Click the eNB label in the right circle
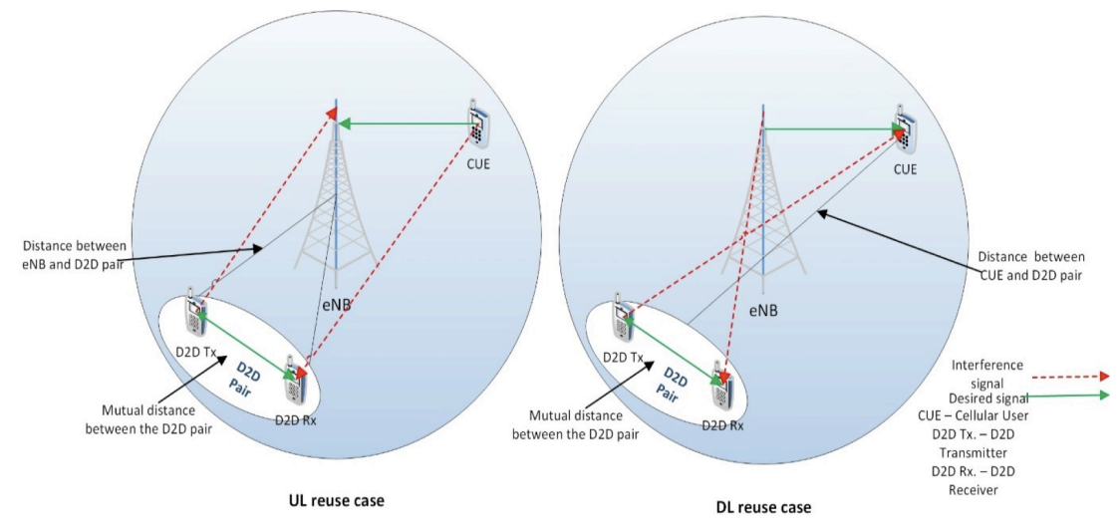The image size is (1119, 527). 763,311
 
